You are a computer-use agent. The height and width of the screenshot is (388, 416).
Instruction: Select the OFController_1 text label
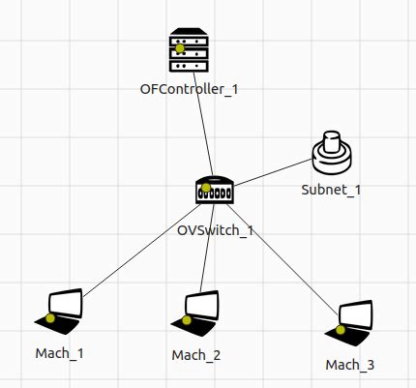point(190,89)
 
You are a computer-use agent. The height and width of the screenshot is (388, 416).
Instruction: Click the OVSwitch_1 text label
point(215,230)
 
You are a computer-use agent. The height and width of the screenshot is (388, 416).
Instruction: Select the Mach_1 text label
point(59,352)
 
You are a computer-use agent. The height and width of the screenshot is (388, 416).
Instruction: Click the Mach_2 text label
point(196,355)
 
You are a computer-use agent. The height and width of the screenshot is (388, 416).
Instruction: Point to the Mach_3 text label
point(350,365)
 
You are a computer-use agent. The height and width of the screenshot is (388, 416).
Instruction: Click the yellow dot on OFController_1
point(179,47)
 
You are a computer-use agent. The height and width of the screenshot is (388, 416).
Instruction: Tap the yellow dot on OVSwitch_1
point(205,188)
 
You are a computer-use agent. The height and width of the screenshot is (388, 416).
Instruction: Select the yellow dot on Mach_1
point(50,317)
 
